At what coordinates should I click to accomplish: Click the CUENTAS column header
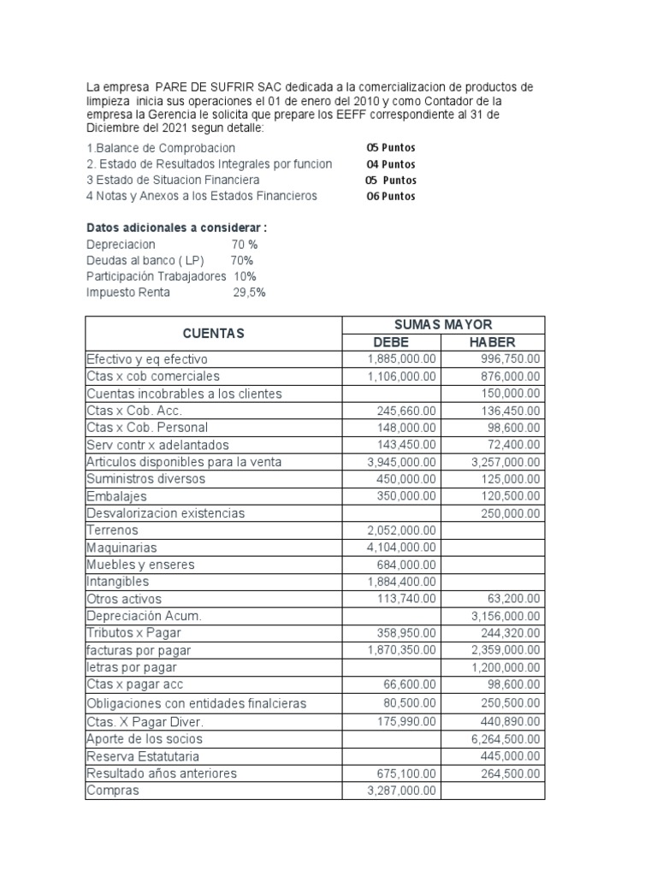click(x=213, y=333)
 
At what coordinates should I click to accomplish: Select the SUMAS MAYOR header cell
click(x=442, y=324)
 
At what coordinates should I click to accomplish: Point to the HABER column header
click(x=492, y=342)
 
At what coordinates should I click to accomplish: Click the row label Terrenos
click(x=112, y=530)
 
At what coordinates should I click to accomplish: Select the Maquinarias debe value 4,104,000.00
click(x=401, y=547)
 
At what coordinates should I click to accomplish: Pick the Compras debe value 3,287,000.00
click(x=401, y=790)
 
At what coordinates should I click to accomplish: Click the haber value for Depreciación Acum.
click(x=506, y=616)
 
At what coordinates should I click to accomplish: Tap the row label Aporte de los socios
click(x=145, y=738)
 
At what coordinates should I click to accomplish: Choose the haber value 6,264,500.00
click(x=506, y=738)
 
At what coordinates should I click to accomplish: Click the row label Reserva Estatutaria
click(x=137, y=755)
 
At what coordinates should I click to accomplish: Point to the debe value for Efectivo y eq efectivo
click(x=401, y=359)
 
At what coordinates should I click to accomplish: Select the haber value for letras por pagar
click(x=506, y=667)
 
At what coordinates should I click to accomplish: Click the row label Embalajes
click(x=116, y=496)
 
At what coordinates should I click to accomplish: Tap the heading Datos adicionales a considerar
click(x=177, y=228)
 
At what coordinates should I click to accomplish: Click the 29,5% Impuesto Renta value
click(x=249, y=292)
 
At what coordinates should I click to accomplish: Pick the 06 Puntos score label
click(x=391, y=196)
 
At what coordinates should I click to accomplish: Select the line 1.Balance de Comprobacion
click(x=161, y=148)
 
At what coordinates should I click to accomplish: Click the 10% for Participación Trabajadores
click(x=245, y=276)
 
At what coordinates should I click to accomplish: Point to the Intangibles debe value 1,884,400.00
click(x=401, y=582)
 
